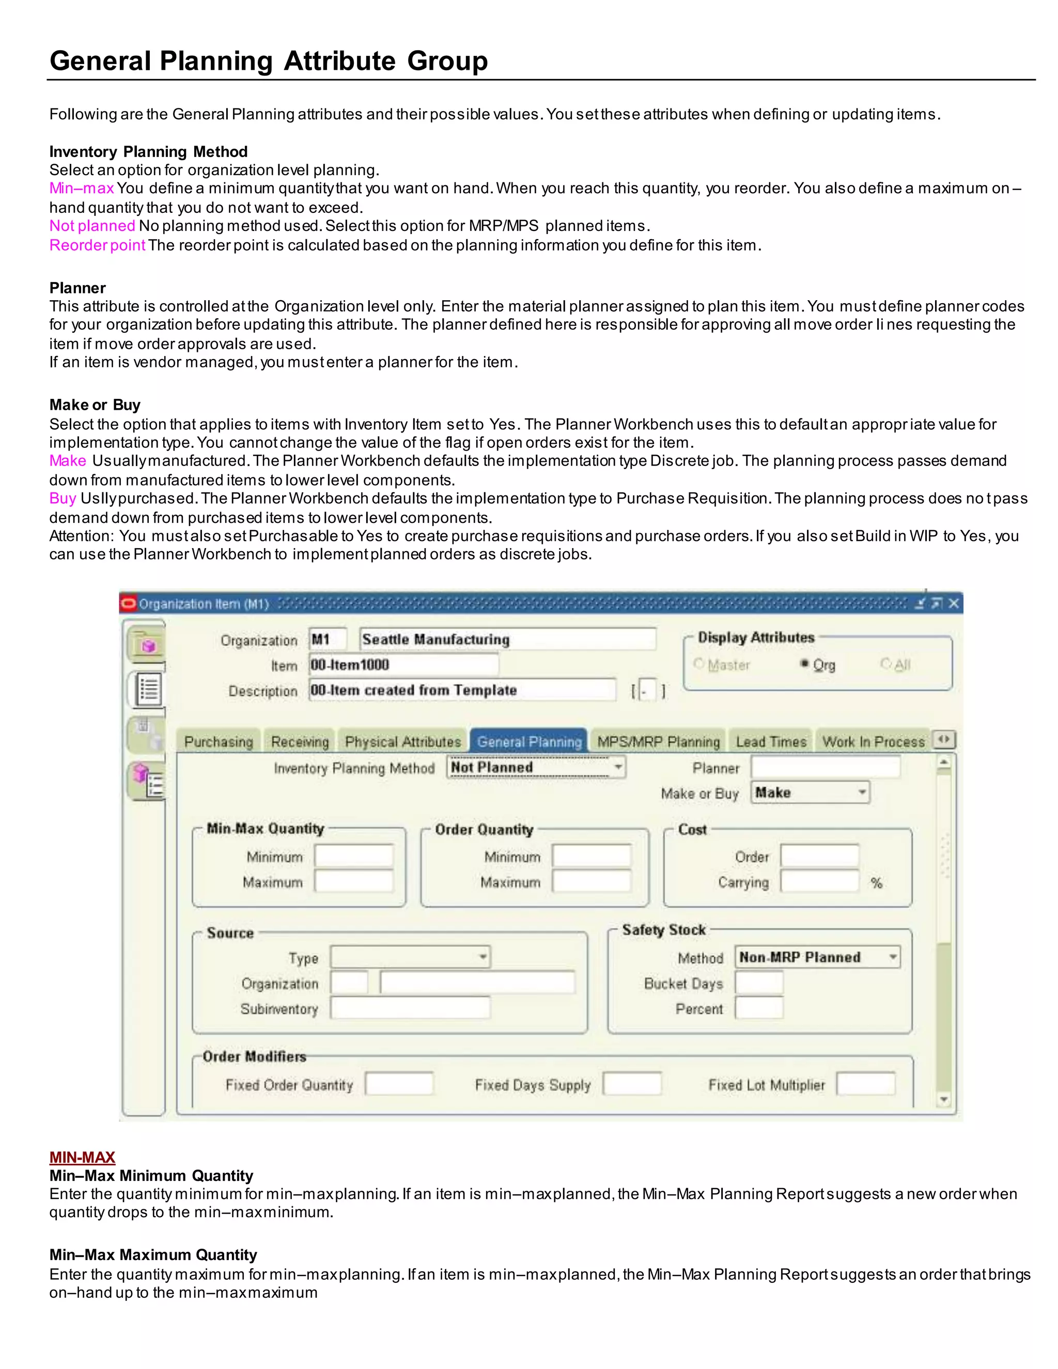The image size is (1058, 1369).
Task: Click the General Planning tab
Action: pyautogui.click(x=529, y=741)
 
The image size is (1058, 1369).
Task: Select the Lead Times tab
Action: pyautogui.click(x=770, y=741)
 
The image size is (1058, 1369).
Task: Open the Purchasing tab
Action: pyautogui.click(x=218, y=741)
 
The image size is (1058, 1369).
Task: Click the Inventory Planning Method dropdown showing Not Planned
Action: pyautogui.click(x=536, y=767)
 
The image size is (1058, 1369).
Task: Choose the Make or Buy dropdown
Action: pyautogui.click(x=810, y=792)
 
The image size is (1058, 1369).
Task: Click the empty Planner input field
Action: pyautogui.click(x=826, y=767)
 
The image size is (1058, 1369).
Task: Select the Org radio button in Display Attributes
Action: pyautogui.click(x=805, y=664)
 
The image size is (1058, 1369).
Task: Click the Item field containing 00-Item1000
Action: pyautogui.click(x=403, y=664)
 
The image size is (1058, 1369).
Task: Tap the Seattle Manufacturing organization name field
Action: pyautogui.click(x=508, y=640)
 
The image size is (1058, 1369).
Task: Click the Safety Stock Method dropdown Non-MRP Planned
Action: pyautogui.click(x=817, y=957)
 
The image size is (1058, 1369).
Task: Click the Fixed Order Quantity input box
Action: pyautogui.click(x=399, y=1084)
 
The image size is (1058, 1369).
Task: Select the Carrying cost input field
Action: pyautogui.click(x=819, y=881)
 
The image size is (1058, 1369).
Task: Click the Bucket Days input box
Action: pyautogui.click(x=759, y=983)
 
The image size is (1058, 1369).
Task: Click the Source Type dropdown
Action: pyautogui.click(x=410, y=957)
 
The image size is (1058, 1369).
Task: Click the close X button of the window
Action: pyautogui.click(x=953, y=603)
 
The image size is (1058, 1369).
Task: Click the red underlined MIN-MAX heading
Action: pyautogui.click(x=82, y=1157)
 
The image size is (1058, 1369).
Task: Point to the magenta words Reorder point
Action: pyautogui.click(x=97, y=245)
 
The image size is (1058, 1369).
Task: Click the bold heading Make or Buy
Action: pyautogui.click(x=95, y=405)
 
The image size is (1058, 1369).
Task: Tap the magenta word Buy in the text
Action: pyautogui.click(x=62, y=499)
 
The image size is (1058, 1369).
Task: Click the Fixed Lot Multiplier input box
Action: pyautogui.click(x=866, y=1084)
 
